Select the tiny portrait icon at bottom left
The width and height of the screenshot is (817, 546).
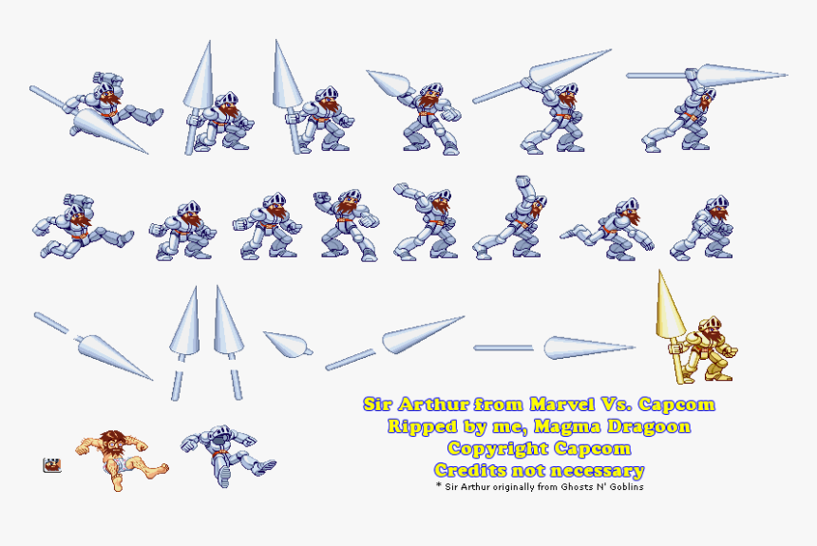[51, 465]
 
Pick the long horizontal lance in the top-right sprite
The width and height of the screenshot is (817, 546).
[708, 75]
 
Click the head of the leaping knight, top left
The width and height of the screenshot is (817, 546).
[104, 82]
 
